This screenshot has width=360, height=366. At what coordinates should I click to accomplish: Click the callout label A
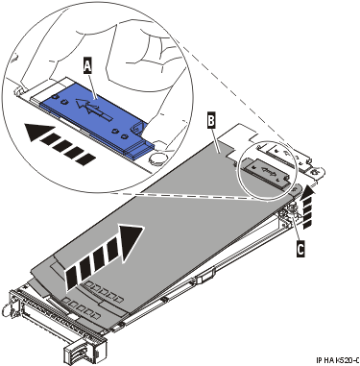click(x=88, y=65)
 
